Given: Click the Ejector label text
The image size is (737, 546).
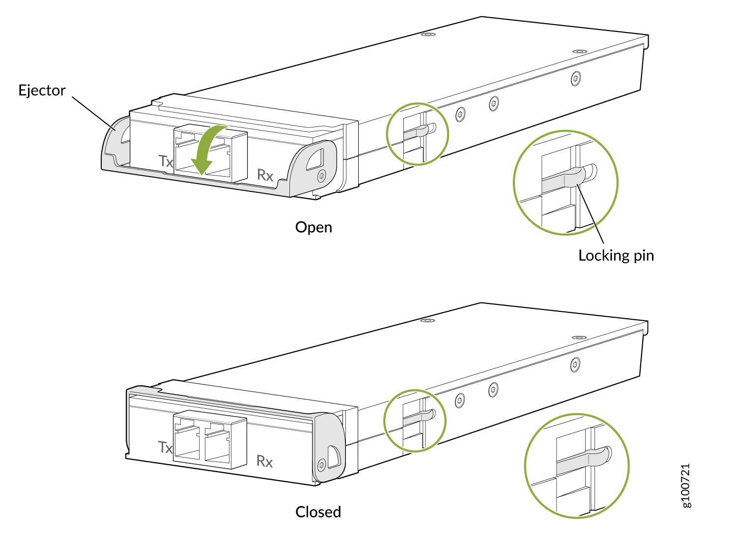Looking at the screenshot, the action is coord(42,90).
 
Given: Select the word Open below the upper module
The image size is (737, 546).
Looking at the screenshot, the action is coord(313,228).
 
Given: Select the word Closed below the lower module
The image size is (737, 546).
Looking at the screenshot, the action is coord(318,512).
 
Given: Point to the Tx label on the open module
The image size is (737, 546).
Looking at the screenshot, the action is coord(166,161).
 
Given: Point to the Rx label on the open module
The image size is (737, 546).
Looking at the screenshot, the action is coord(265,175).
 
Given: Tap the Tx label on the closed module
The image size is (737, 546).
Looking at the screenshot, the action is coord(165,447).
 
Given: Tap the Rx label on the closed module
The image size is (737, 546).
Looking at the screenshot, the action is coord(264,461).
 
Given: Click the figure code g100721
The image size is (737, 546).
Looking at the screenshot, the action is coord(685,485).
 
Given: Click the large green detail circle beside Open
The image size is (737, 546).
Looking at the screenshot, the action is coord(565,182).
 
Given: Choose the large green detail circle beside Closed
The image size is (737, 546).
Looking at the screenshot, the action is coord(576,465).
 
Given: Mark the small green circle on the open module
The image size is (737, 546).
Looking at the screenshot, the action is coord(417,134).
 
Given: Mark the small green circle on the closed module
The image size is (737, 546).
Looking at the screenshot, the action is coord(415,421).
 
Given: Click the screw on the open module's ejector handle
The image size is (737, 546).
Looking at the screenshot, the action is coord(321,176).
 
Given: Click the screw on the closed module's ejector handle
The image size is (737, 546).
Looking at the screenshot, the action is coord(321,464).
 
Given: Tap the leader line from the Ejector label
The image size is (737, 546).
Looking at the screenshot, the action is coord(94,114).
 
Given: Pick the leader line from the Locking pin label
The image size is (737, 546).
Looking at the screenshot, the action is coord(590,213).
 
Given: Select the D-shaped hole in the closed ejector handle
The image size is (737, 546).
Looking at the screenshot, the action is coord(334,456).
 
